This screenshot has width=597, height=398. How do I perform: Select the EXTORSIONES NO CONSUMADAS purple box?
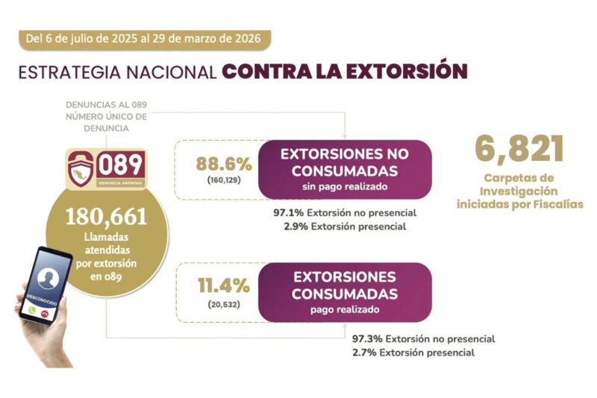344,168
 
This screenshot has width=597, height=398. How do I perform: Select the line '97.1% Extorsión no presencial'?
345,212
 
